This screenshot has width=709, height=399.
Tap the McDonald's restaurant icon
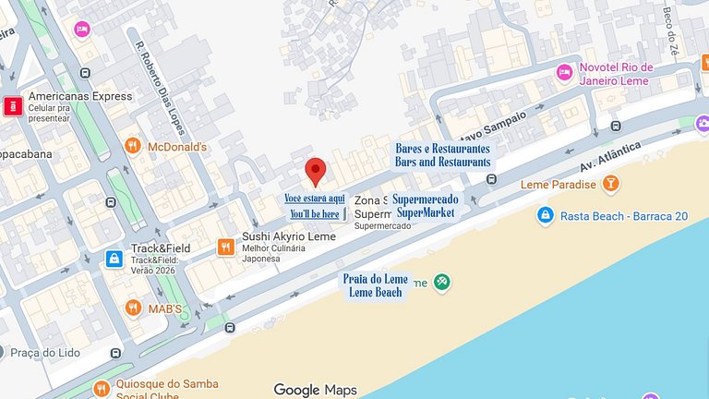point(133,146)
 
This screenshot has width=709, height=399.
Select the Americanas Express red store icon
point(13,106)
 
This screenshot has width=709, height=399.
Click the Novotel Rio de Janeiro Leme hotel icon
point(564,73)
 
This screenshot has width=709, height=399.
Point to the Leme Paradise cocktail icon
point(610,184)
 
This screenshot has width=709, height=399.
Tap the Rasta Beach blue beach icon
point(546,216)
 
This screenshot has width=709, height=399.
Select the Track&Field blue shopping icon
point(114,259)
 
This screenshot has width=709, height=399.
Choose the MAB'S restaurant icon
point(134,308)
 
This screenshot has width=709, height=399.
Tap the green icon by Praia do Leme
point(442,282)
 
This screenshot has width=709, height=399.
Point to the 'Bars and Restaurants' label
point(443,162)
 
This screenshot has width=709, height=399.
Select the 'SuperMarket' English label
point(425,212)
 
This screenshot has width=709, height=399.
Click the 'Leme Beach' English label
point(376,293)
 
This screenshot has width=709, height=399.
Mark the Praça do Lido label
point(47,353)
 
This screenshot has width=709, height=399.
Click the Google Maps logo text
point(315,390)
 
